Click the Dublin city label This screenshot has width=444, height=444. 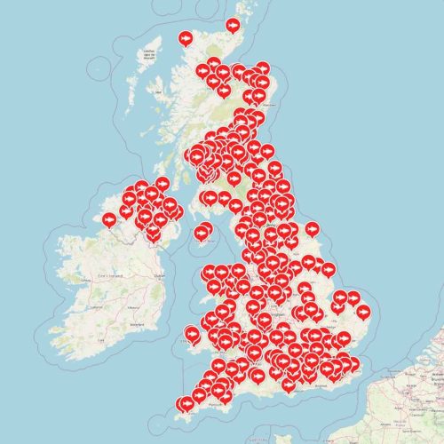click(x=160, y=276)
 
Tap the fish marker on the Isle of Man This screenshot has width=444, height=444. click(x=202, y=233)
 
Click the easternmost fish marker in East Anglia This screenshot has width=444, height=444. click(x=362, y=311)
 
